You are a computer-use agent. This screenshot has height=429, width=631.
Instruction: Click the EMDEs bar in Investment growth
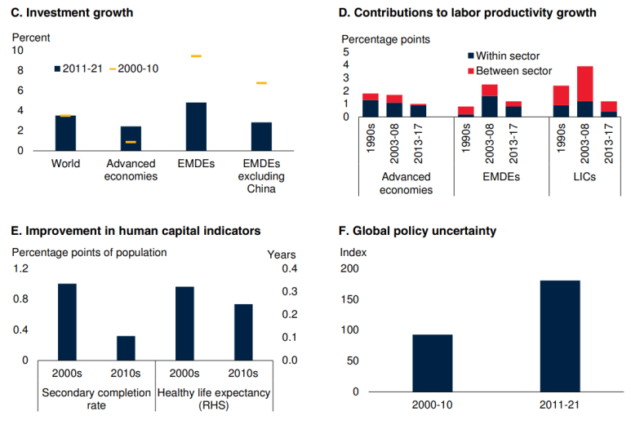(x=196, y=126)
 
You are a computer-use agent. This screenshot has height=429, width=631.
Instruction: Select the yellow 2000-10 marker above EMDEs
(x=196, y=55)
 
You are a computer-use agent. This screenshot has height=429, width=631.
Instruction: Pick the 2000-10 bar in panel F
(x=432, y=363)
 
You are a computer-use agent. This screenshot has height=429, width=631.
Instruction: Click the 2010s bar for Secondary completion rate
(x=126, y=347)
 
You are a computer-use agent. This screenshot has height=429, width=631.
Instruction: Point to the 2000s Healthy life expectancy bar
(x=184, y=323)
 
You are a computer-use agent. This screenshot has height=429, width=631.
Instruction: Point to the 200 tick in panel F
(x=349, y=268)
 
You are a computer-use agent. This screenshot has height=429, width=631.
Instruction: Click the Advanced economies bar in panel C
(x=131, y=138)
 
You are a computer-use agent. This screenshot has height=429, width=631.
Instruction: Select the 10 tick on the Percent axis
(x=18, y=50)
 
